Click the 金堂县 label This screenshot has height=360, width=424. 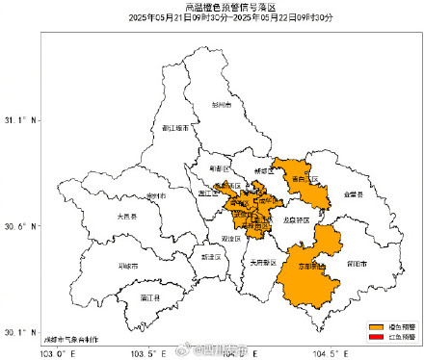pyautogui.click(x=352, y=194)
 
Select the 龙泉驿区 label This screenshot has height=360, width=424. pyautogui.click(x=297, y=219)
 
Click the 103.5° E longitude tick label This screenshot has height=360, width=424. pyautogui.click(x=146, y=353)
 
